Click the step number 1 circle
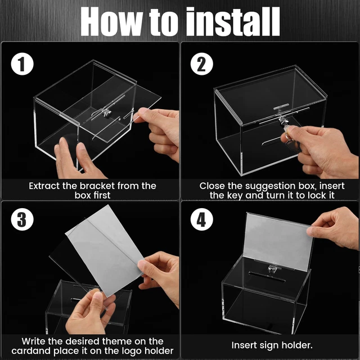click(x=21, y=65)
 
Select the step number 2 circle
click(x=201, y=65)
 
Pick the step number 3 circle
click(x=21, y=219)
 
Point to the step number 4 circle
click(x=201, y=219)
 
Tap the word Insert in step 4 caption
click(x=245, y=345)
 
